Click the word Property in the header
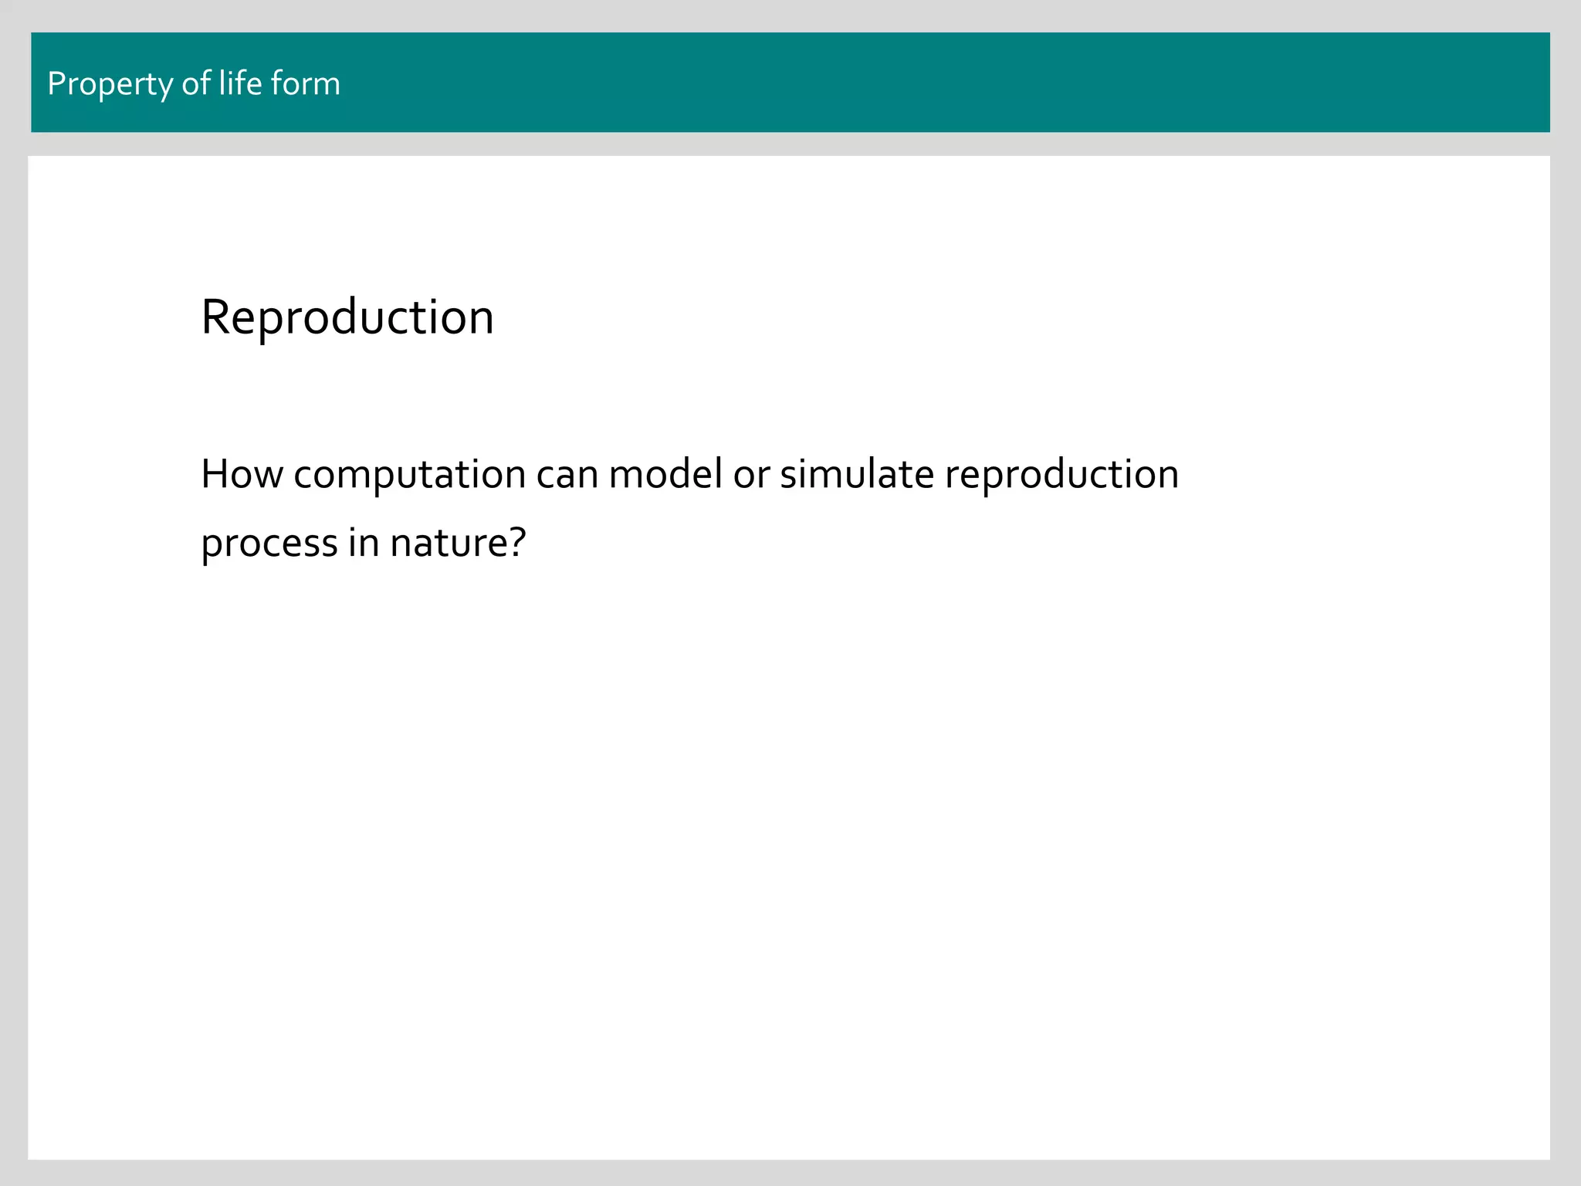coord(110,84)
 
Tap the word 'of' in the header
coord(196,83)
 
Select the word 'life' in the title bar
coord(240,83)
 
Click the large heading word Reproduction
coord(347,317)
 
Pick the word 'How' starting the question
coord(242,474)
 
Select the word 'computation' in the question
coord(409,474)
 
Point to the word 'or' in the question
coord(751,474)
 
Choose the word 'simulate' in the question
coord(857,474)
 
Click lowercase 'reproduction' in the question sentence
coord(1061,474)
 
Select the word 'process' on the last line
coord(269,544)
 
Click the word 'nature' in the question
coord(448,542)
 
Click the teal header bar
coord(926,83)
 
